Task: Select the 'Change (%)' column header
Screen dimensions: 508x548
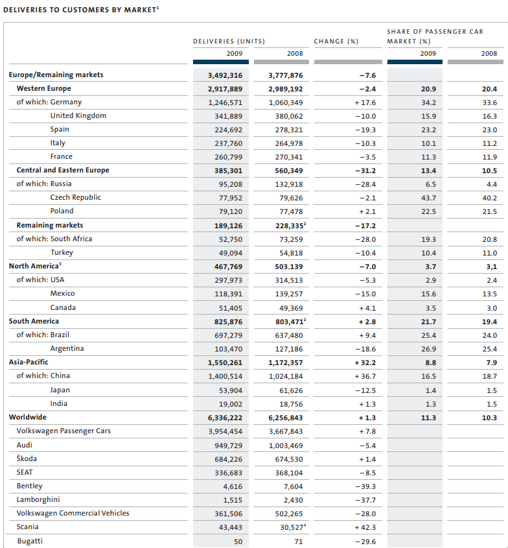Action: click(x=336, y=42)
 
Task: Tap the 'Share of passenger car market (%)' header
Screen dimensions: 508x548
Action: click(x=435, y=36)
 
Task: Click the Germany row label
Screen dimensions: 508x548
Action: click(x=66, y=102)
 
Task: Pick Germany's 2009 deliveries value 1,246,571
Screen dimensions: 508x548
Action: click(x=225, y=102)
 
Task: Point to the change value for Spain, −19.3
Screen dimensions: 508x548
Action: click(x=365, y=130)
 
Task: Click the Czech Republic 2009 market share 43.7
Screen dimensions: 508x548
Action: click(x=428, y=198)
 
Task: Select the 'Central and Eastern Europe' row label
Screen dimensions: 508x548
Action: click(x=63, y=170)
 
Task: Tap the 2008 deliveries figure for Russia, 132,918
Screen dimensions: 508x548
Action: click(x=289, y=184)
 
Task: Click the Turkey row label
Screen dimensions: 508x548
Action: click(x=62, y=252)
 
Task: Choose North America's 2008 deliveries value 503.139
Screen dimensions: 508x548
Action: click(x=289, y=267)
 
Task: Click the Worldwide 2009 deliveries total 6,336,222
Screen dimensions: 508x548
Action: click(x=225, y=418)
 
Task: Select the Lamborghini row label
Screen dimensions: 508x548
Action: click(x=38, y=499)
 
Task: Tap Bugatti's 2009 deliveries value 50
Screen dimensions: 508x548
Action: click(x=238, y=542)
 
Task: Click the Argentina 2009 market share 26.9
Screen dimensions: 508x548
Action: click(x=428, y=349)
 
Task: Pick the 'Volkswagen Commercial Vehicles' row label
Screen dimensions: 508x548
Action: click(x=73, y=513)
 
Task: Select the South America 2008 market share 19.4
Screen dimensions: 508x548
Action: click(x=489, y=322)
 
